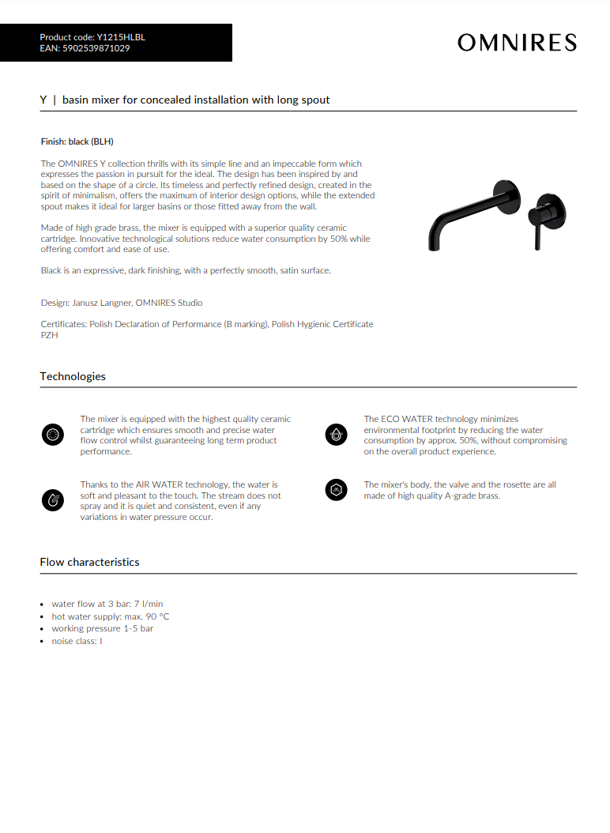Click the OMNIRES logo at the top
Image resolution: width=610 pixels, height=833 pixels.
[x=517, y=43]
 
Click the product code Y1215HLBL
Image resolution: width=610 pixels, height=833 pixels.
[x=121, y=37]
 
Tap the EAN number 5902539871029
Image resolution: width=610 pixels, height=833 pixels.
[x=96, y=48]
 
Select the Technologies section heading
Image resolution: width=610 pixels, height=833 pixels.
[x=73, y=376]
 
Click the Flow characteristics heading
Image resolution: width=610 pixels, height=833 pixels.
[x=89, y=562]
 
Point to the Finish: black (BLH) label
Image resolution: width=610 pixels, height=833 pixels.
[x=77, y=141]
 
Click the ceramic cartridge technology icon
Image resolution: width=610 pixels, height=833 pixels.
[x=52, y=435]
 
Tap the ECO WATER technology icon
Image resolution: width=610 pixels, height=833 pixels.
[x=337, y=434]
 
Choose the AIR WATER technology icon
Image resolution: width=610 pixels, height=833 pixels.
[x=52, y=499]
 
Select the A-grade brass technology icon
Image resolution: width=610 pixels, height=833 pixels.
[x=337, y=490]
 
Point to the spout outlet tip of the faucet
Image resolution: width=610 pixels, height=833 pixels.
[x=433, y=247]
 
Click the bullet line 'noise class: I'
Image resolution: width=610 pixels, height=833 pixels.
[x=77, y=641]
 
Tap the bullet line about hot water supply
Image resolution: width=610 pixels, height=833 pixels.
[x=111, y=616]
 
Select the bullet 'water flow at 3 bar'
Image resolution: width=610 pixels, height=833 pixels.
[x=107, y=604]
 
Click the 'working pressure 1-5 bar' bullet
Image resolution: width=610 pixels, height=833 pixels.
[x=103, y=628]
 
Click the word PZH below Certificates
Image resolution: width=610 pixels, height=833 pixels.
[x=49, y=335]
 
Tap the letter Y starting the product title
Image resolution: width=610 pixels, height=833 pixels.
[x=43, y=100]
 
